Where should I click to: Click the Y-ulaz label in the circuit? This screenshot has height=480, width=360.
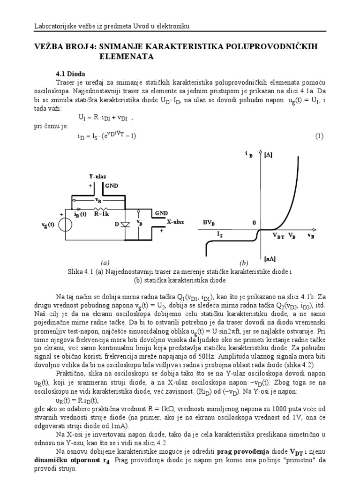point(97,176)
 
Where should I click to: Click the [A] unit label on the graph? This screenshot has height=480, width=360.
point(268,155)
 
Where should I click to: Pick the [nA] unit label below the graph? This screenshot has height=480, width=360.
point(270,258)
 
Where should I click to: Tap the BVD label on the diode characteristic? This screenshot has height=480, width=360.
point(209,222)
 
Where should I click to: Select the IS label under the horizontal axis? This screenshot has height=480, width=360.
point(220,233)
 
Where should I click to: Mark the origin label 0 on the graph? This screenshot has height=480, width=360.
point(254,222)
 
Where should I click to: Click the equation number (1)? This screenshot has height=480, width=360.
point(319,136)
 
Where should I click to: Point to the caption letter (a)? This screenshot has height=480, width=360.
point(105,262)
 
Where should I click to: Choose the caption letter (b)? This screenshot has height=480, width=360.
point(243,263)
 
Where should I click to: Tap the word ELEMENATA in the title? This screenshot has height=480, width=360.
point(126,57)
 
